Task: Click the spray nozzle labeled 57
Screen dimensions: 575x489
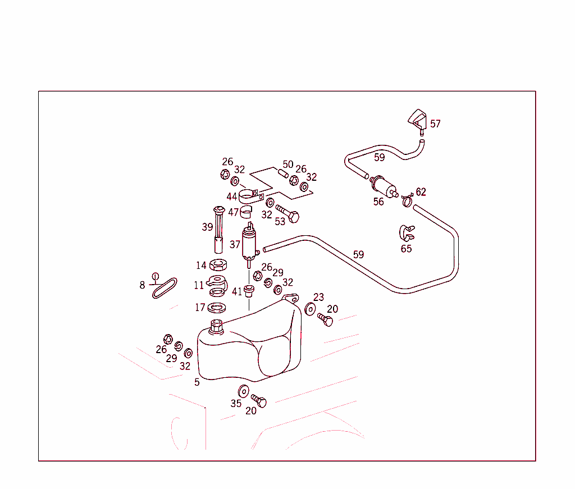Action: click(x=418, y=121)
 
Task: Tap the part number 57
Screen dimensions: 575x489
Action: click(x=435, y=124)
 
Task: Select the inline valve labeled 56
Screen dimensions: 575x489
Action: click(x=384, y=185)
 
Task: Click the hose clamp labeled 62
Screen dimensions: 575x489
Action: click(x=407, y=200)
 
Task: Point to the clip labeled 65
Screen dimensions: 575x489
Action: click(x=407, y=233)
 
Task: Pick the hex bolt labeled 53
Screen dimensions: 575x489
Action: click(x=288, y=214)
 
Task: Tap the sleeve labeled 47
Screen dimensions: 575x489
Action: click(x=246, y=212)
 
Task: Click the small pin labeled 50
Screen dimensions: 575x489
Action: click(x=283, y=173)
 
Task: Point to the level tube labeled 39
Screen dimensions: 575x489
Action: click(x=218, y=230)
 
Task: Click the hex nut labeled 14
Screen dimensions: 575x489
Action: click(x=218, y=264)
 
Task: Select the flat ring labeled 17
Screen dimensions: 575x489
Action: click(x=217, y=308)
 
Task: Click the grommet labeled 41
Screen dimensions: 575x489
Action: click(x=249, y=291)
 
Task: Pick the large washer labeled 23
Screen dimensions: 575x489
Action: click(x=310, y=309)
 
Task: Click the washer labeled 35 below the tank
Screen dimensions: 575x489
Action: click(x=244, y=391)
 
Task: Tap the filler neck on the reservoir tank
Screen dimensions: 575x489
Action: click(x=216, y=327)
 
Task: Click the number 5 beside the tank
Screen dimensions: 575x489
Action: click(x=197, y=382)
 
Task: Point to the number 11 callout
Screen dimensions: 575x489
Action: click(x=199, y=285)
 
